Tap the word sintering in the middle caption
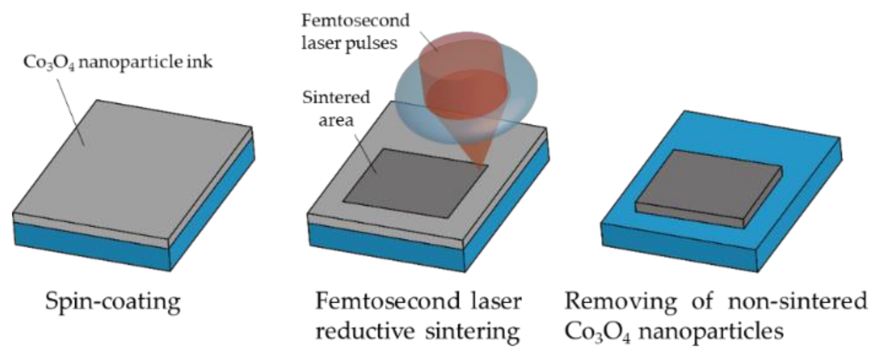472,332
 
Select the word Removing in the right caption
620,301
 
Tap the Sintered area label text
336,109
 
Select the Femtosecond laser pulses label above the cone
355,32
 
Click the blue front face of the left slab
90,246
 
